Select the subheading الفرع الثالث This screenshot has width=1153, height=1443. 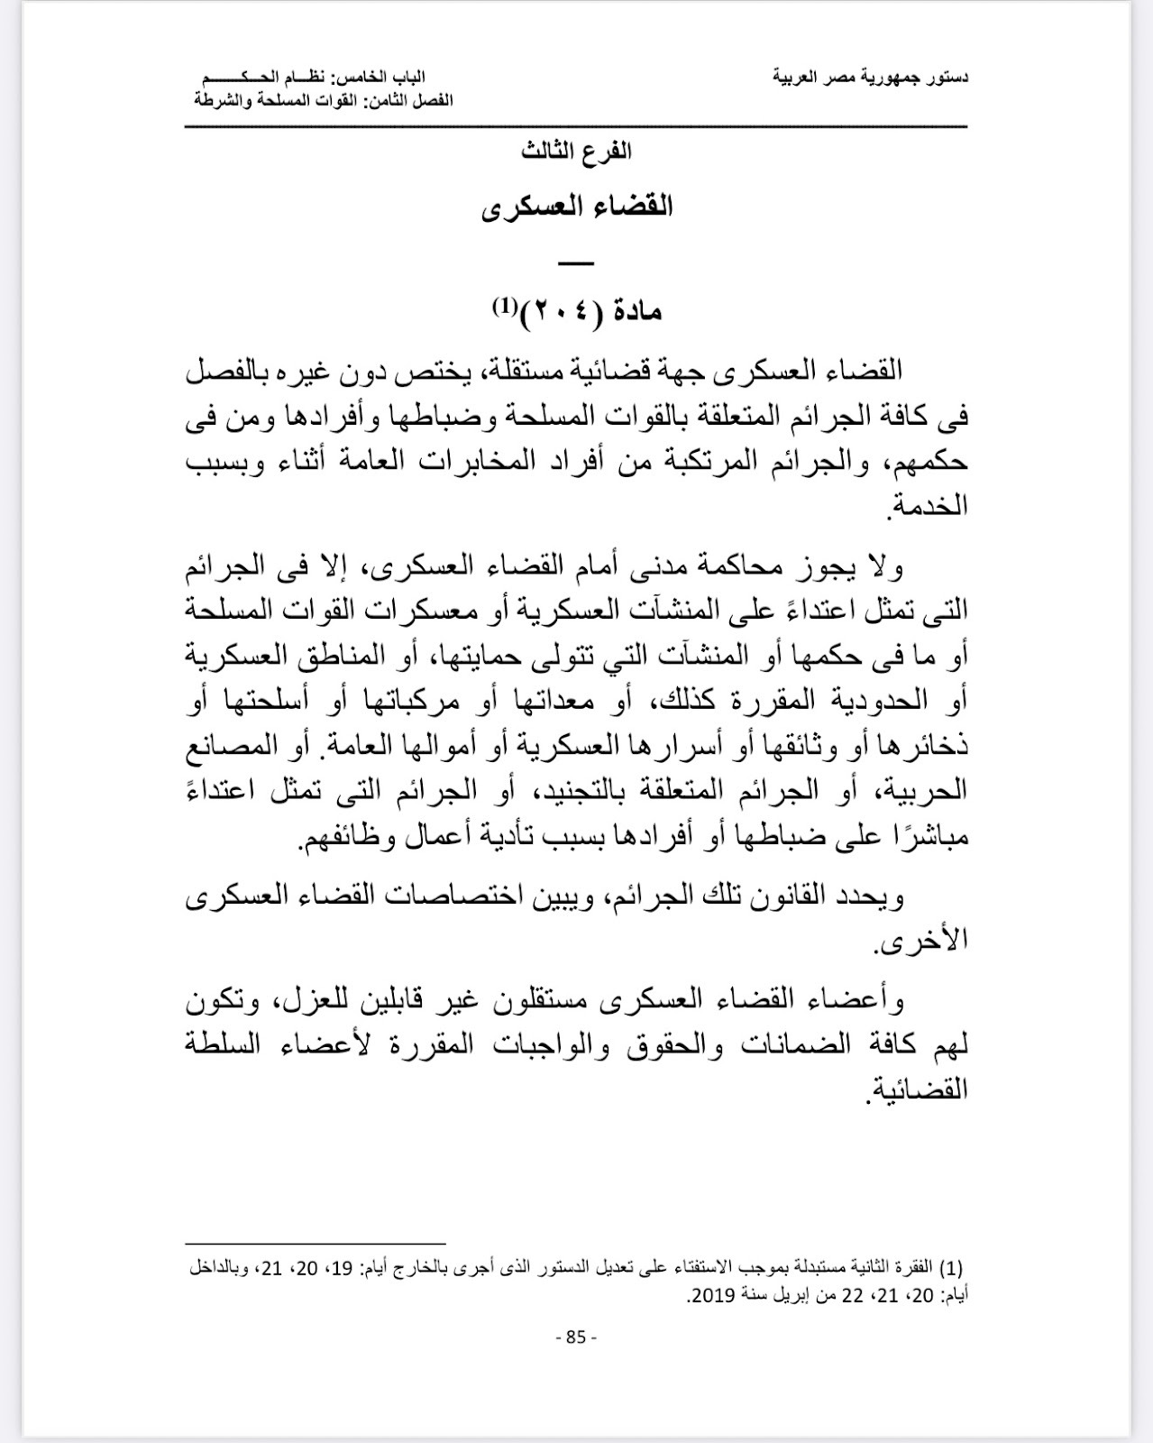(x=577, y=152)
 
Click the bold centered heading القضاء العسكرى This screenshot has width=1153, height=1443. (x=577, y=207)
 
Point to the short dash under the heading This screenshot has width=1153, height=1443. (x=577, y=263)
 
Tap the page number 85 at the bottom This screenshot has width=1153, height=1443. (x=576, y=1337)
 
